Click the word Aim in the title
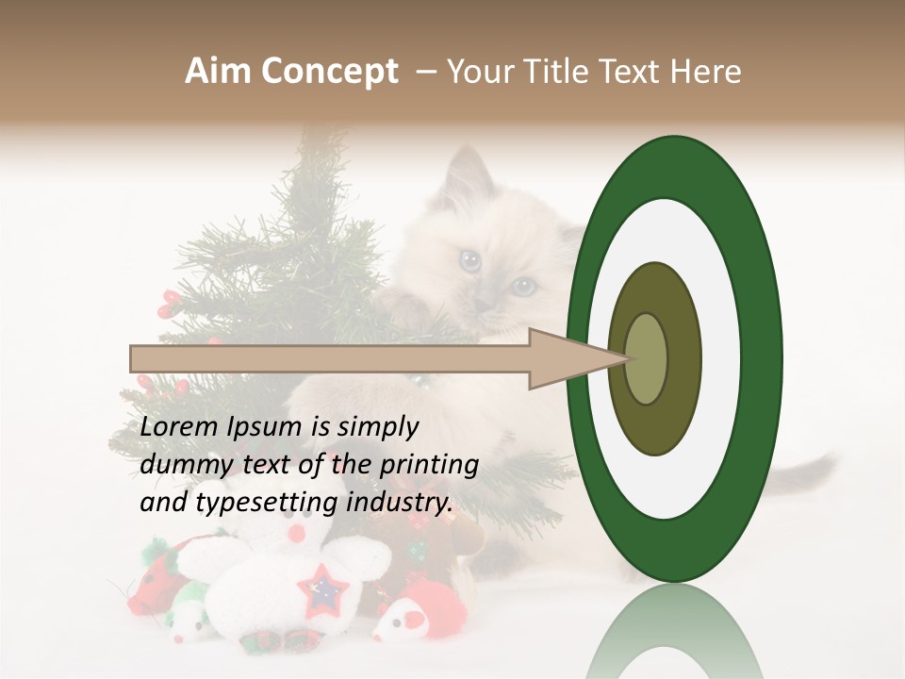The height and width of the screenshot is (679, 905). pyautogui.click(x=219, y=72)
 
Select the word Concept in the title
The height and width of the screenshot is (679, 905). pyautogui.click(x=329, y=72)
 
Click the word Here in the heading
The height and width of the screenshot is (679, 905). pyautogui.click(x=706, y=72)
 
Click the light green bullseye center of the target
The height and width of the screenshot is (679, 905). pyautogui.click(x=646, y=358)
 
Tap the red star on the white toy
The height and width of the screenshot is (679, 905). pyautogui.click(x=322, y=590)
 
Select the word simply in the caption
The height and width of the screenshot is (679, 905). pyautogui.click(x=381, y=427)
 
